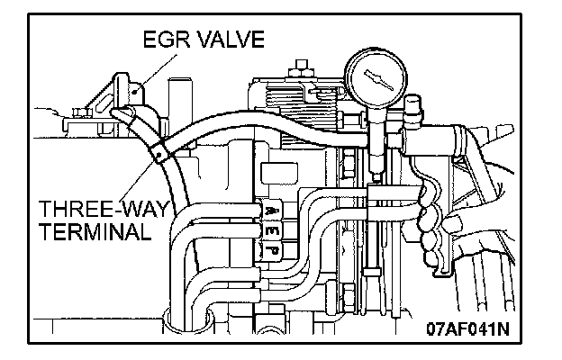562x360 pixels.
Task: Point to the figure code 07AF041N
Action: (467, 328)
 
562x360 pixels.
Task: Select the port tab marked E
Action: (271, 231)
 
